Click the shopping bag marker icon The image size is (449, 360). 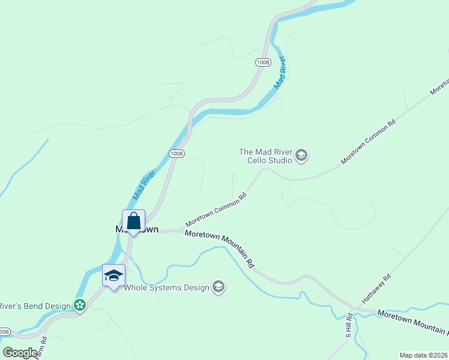[x=133, y=221]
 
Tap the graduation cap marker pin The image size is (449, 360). [x=113, y=276]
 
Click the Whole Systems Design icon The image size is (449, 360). [x=219, y=287]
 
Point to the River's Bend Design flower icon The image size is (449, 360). [x=80, y=305]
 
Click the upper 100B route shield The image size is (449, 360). [x=263, y=62]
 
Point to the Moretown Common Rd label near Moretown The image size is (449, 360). [x=216, y=209]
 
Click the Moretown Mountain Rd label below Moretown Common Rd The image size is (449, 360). [x=220, y=249]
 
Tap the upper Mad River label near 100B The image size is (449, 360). [x=280, y=74]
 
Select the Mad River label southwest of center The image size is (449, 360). [x=144, y=185]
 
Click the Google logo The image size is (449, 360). [x=20, y=352]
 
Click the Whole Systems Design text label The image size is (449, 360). [x=166, y=287]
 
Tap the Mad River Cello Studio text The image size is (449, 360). [x=265, y=156]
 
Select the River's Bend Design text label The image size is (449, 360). [x=35, y=306]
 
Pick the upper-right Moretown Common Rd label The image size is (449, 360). [x=369, y=142]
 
